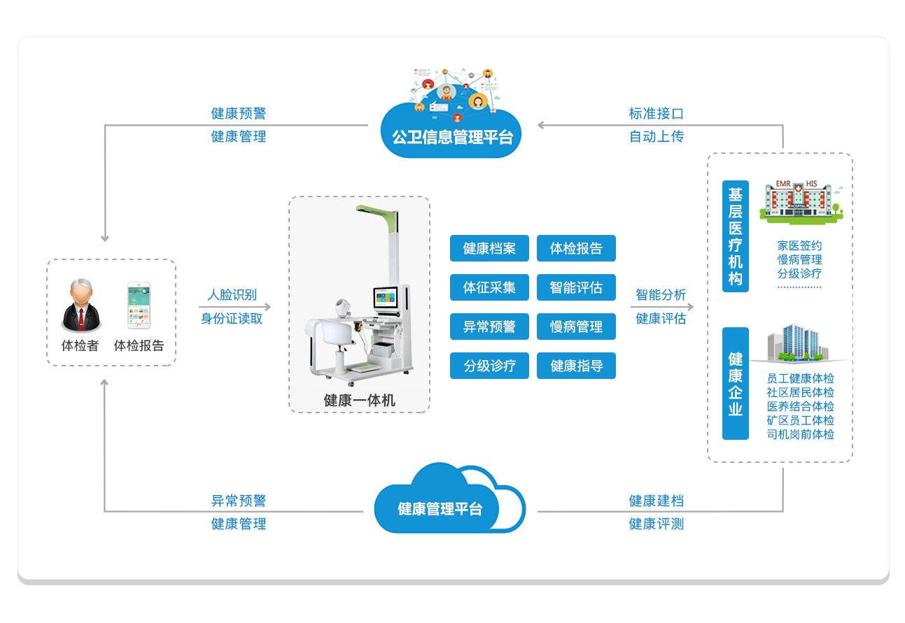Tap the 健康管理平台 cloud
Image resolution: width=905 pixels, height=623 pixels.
point(440,508)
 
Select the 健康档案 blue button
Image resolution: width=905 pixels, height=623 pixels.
point(489,248)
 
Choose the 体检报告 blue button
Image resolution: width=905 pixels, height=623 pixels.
point(576,248)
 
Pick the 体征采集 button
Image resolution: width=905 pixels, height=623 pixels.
point(489,287)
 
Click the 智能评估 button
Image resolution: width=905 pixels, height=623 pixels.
point(576,287)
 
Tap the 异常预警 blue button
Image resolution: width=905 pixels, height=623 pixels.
point(489,327)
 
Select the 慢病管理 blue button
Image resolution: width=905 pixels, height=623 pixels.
point(576,327)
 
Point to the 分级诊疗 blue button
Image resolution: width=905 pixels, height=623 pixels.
point(489,366)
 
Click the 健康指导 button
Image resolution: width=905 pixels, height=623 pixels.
point(576,366)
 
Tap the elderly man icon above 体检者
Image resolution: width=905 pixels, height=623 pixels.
point(81,306)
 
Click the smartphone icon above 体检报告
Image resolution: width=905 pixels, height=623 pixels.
point(139,306)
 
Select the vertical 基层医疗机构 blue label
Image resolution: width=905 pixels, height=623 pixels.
point(736,236)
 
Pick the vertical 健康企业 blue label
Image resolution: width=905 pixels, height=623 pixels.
point(736,383)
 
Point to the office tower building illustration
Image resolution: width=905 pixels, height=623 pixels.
point(795,343)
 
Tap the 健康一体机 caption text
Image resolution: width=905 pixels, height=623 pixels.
point(359,401)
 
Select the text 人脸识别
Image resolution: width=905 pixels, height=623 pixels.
point(232,295)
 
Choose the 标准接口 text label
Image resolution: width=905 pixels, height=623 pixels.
point(656,113)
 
